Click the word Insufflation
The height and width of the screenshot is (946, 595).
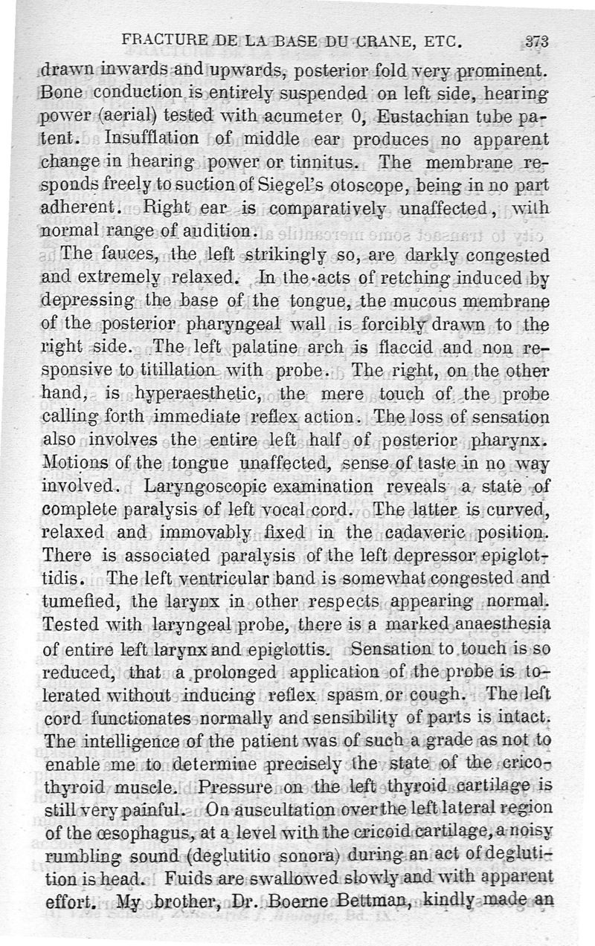click(152, 139)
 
